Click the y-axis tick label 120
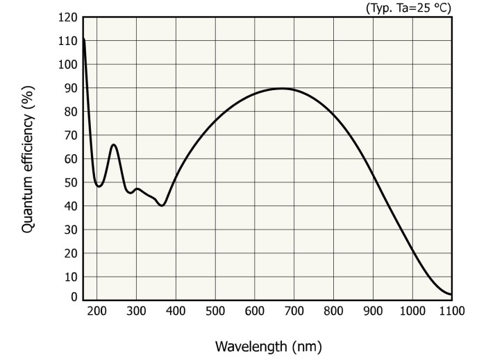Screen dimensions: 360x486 [68, 17]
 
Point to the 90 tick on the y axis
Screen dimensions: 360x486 [70, 88]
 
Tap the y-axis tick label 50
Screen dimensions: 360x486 [70, 182]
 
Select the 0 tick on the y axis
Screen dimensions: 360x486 [74, 298]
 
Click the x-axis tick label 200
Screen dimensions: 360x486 [97, 311]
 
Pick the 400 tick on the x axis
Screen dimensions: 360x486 [176, 311]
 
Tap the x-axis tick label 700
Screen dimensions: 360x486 [294, 311]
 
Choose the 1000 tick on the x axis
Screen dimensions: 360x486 [412, 311]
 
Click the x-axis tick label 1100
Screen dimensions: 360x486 [451, 311]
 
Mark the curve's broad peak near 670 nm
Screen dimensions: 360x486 [283, 88]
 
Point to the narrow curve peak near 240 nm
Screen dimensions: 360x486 [114, 144]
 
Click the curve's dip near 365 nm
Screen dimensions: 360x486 [162, 205]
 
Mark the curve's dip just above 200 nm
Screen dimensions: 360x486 [99, 186]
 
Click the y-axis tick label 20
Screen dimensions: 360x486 [70, 253]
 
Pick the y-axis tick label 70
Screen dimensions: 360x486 [70, 135]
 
